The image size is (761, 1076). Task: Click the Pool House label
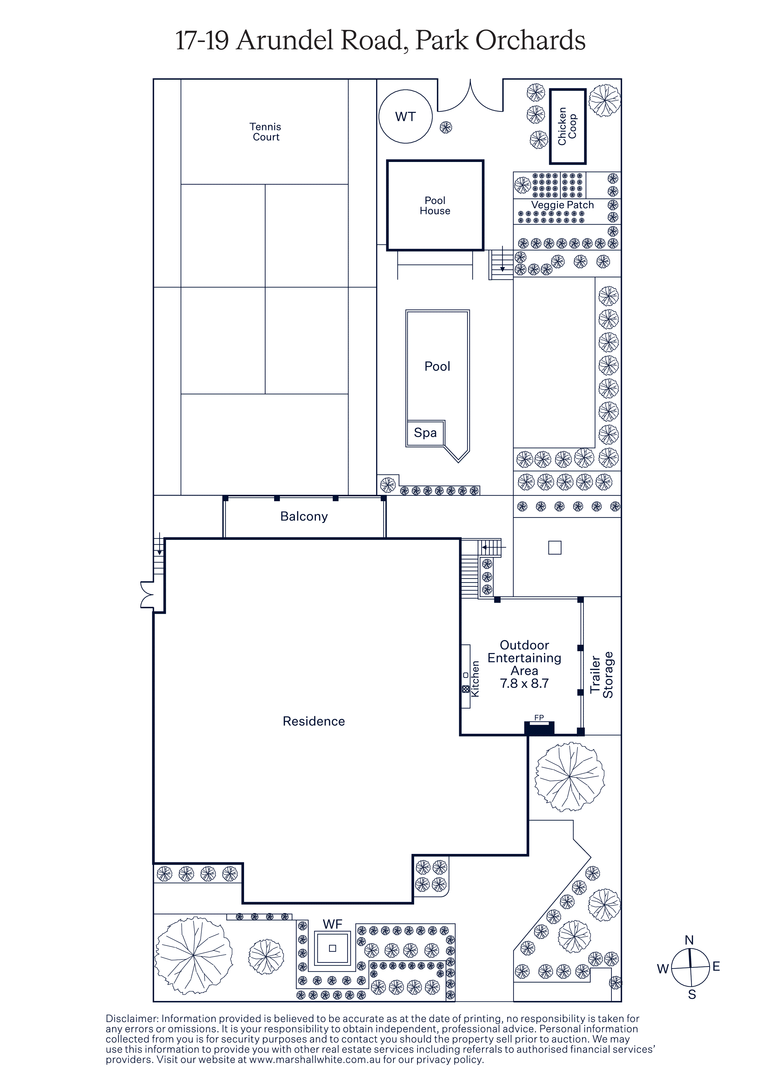point(435,205)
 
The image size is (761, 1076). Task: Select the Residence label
point(314,721)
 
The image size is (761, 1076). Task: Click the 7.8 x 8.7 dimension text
point(524,683)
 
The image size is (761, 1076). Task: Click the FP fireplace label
point(539,717)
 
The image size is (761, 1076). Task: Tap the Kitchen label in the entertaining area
point(475,678)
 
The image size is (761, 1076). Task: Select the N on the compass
point(689,940)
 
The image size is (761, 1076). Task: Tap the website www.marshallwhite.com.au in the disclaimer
point(315,1060)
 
